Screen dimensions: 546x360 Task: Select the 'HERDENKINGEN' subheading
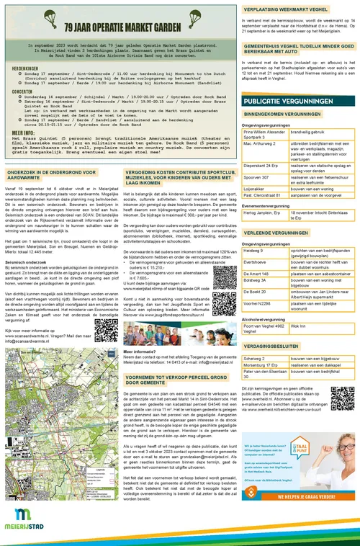(x=26, y=67)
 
